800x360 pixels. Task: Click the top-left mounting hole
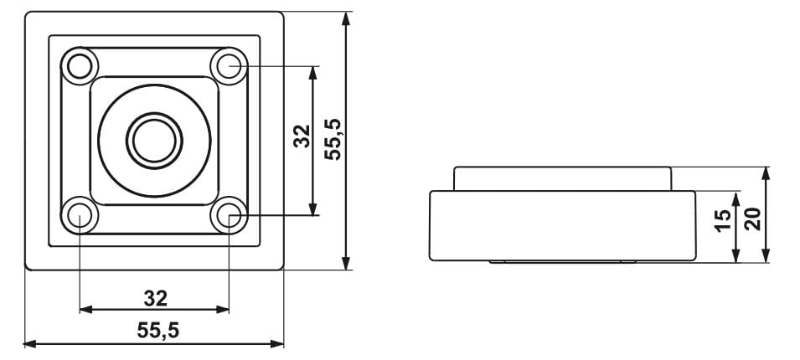tap(80, 66)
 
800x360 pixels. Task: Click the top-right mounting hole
tap(229, 66)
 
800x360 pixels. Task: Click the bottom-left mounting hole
tap(80, 215)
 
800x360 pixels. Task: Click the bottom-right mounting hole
tap(229, 215)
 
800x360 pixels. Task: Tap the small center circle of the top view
tap(155, 141)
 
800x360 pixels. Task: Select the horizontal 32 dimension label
tap(156, 299)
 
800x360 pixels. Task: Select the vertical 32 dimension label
tap(302, 136)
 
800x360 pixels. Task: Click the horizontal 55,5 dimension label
tap(158, 331)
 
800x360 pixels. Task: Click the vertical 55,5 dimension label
tap(333, 139)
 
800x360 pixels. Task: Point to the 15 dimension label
tap(722, 220)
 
